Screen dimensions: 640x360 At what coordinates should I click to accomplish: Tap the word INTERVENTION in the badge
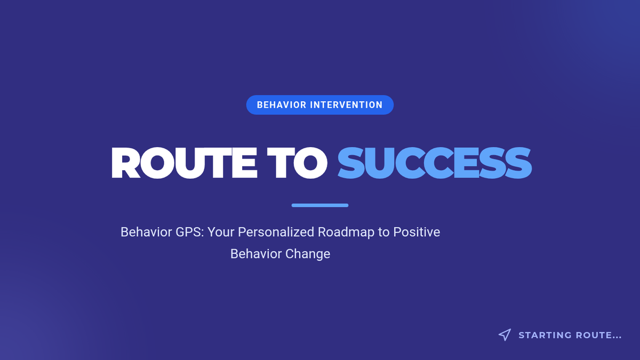pyautogui.click(x=346, y=105)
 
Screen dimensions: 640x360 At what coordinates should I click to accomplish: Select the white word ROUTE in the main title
pyautogui.click(x=185, y=163)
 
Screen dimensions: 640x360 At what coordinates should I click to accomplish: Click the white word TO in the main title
pyautogui.click(x=297, y=163)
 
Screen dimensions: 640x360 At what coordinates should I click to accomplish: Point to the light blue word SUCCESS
pyautogui.click(x=435, y=163)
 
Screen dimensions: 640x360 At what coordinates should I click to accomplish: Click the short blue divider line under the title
pyautogui.click(x=320, y=205)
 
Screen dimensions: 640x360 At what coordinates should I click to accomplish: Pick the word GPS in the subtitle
pyautogui.click(x=190, y=232)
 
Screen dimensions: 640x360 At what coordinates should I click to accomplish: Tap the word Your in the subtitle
pyautogui.click(x=221, y=232)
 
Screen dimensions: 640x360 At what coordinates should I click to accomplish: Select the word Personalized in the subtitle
pyautogui.click(x=276, y=233)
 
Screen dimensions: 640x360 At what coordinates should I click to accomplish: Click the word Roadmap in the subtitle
pyautogui.click(x=346, y=233)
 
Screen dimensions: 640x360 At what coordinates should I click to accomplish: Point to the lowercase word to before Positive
pyautogui.click(x=383, y=233)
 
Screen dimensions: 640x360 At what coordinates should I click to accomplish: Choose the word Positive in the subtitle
pyautogui.click(x=417, y=232)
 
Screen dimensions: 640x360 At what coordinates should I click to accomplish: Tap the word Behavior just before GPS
pyautogui.click(x=146, y=232)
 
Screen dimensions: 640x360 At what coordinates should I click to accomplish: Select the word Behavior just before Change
pyautogui.click(x=256, y=254)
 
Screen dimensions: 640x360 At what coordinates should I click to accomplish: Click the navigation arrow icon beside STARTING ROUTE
pyautogui.click(x=505, y=335)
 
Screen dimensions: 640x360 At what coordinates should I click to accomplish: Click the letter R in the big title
pyautogui.click(x=126, y=163)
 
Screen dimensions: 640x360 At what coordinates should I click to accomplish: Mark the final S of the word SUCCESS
pyautogui.click(x=518, y=163)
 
